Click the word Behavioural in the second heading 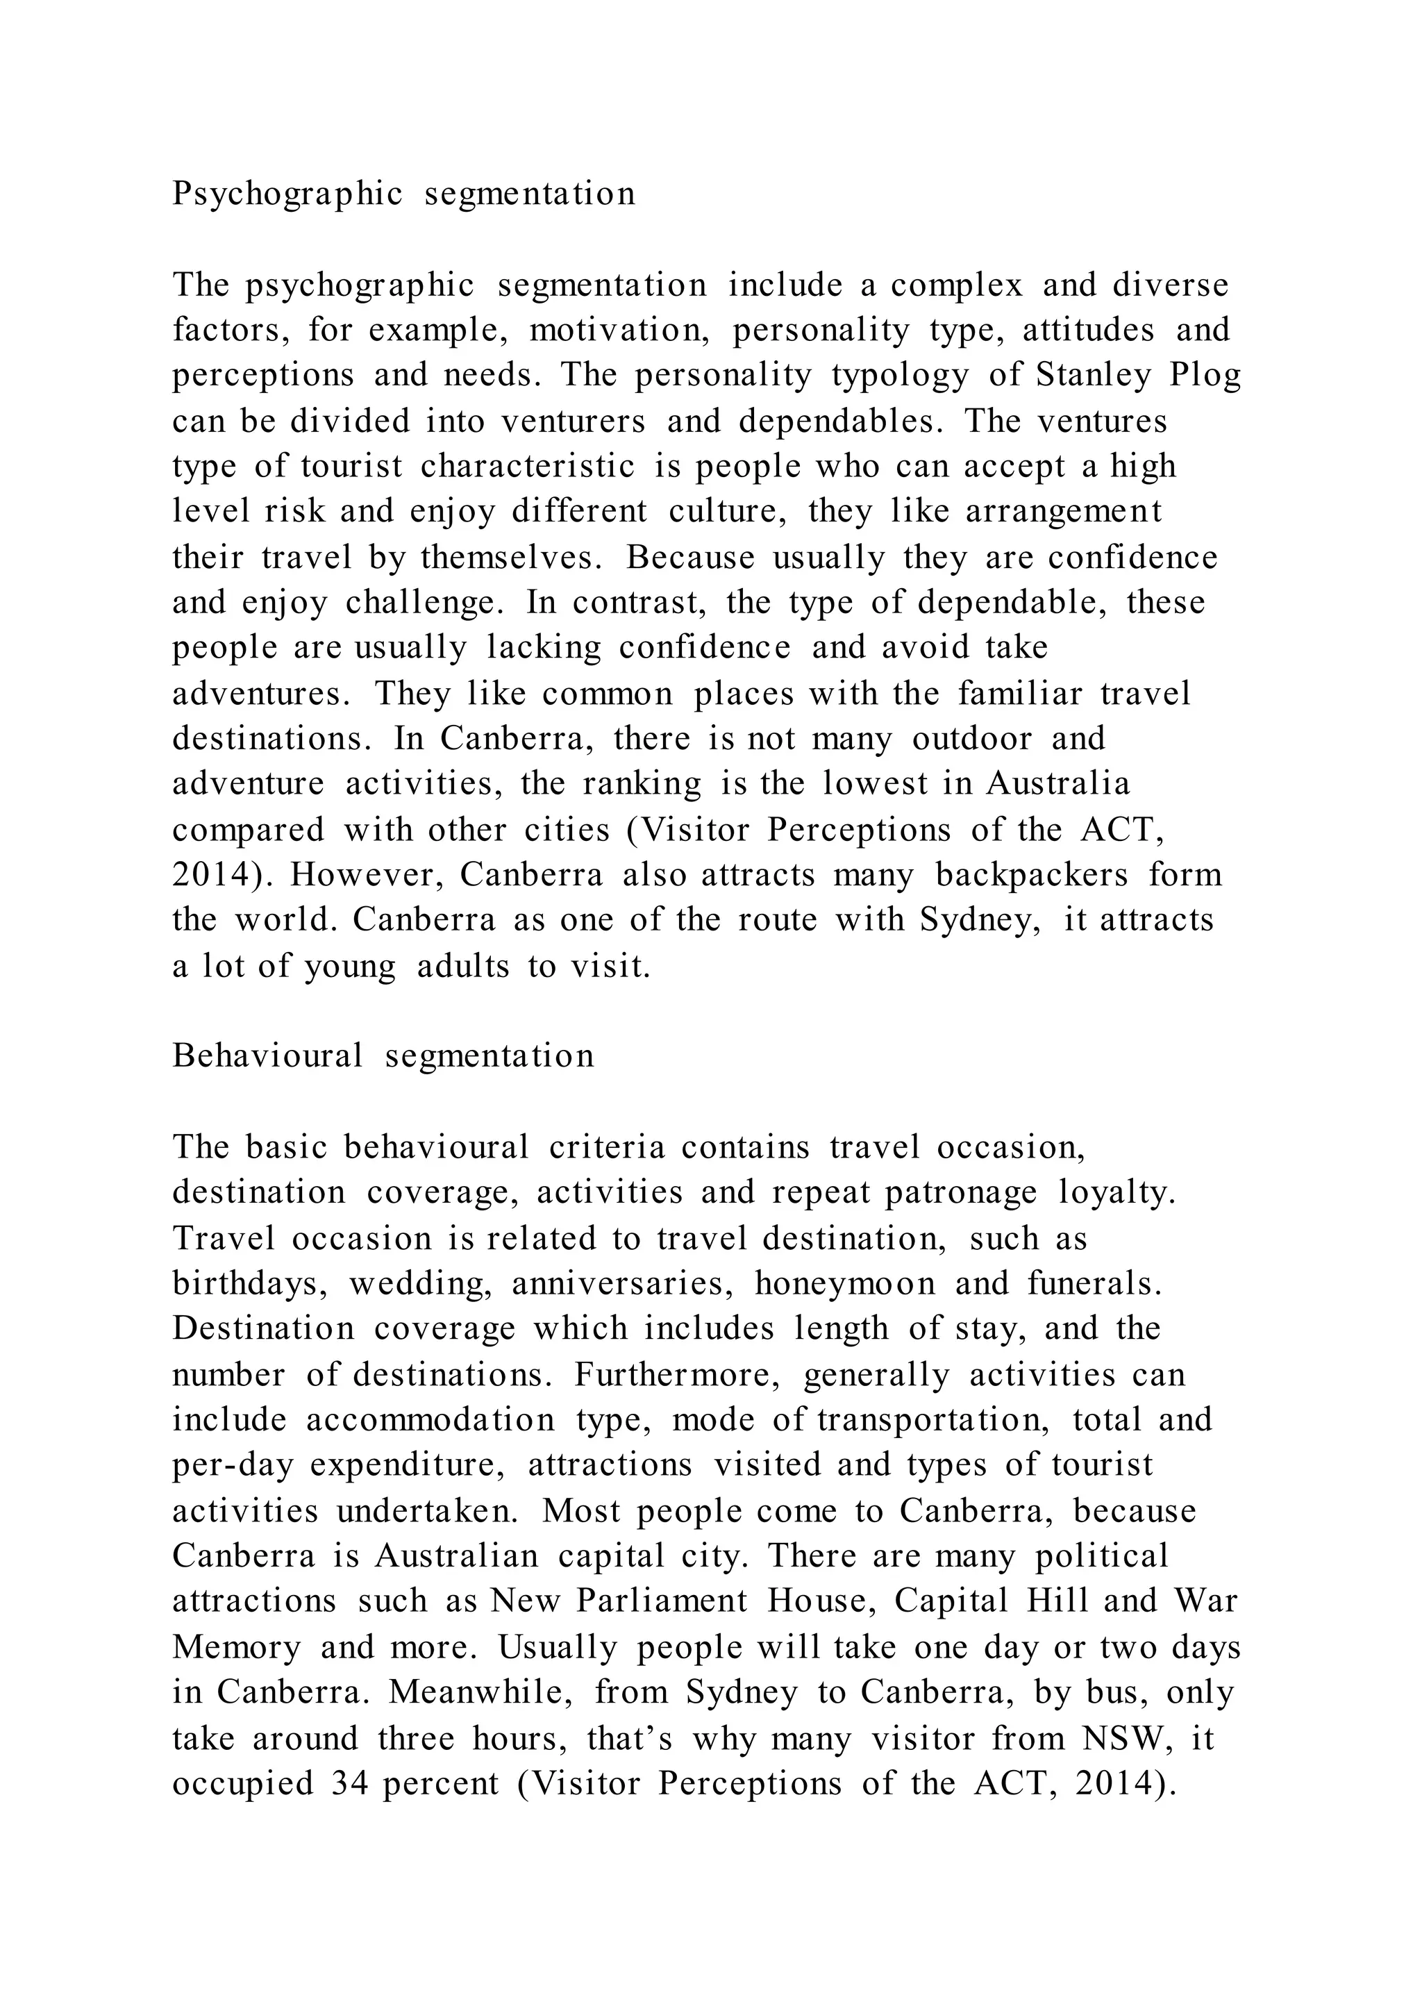267,1056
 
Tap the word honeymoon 845,1284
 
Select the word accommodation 430,1420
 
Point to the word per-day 232,1465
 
